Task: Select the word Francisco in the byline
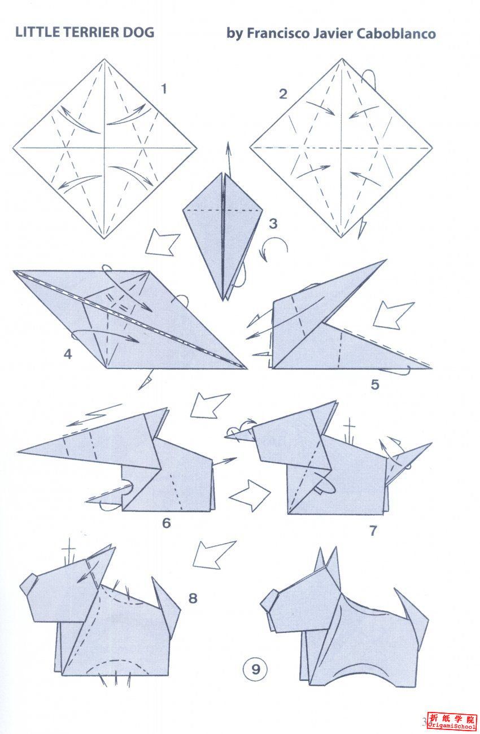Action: click(x=278, y=34)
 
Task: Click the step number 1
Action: click(x=164, y=89)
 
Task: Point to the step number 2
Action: click(x=282, y=94)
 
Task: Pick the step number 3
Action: click(x=273, y=223)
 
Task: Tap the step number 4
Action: click(x=68, y=354)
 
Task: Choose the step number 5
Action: click(x=375, y=384)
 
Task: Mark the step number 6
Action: click(x=167, y=523)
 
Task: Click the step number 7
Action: click(x=373, y=531)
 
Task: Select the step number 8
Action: click(x=193, y=598)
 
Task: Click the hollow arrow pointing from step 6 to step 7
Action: click(x=251, y=496)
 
